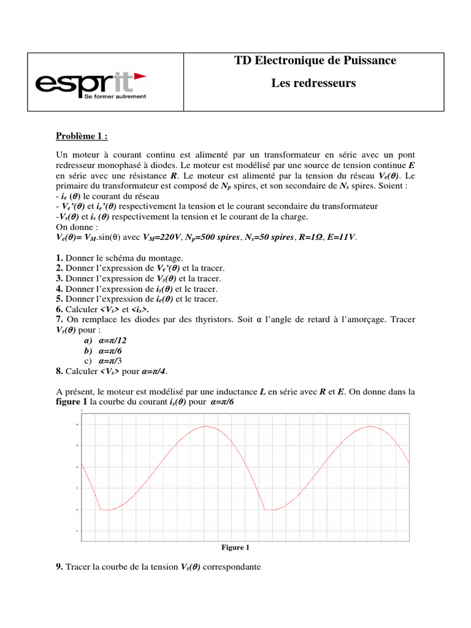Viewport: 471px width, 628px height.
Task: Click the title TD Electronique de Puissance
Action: point(315,61)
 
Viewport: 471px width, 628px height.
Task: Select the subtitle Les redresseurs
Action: point(313,83)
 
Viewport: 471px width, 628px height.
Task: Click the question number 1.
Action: point(59,258)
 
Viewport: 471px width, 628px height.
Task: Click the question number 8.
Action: point(59,371)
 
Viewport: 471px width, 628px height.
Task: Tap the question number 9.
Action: point(59,567)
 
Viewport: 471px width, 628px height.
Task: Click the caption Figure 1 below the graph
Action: point(235,548)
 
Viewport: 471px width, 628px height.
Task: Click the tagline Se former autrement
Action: point(115,97)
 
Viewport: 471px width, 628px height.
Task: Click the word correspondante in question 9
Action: point(232,567)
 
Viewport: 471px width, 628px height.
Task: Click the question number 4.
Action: point(59,289)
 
